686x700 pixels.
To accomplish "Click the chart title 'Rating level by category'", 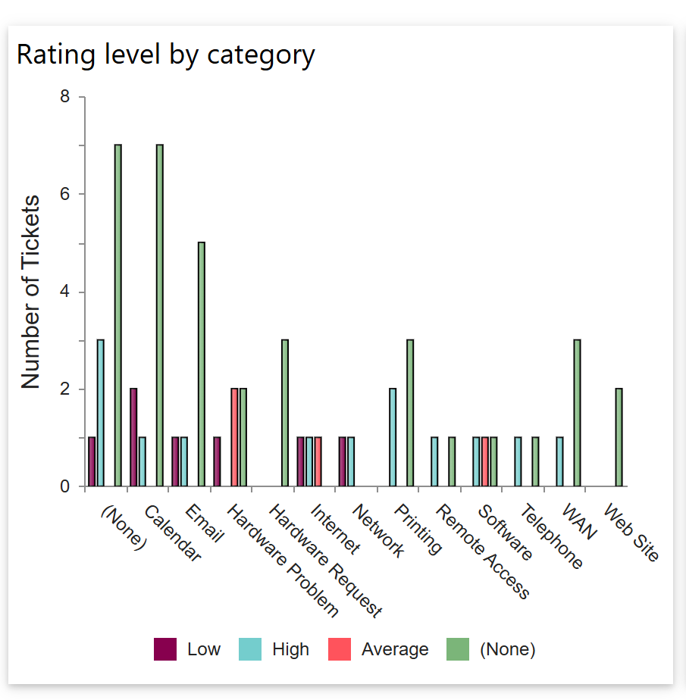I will pyautogui.click(x=165, y=55).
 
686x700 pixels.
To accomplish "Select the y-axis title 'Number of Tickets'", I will pyautogui.click(x=30, y=292).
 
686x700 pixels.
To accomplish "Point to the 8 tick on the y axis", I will pyautogui.click(x=64, y=97).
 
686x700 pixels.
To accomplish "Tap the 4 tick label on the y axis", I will pyautogui.click(x=64, y=292).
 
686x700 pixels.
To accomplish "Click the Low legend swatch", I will pyautogui.click(x=165, y=649).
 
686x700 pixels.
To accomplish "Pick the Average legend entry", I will pyautogui.click(x=379, y=649).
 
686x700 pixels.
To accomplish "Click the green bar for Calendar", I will pyautogui.click(x=160, y=315).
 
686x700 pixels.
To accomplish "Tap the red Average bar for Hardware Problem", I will pyautogui.click(x=235, y=437).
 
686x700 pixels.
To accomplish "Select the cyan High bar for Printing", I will pyautogui.click(x=393, y=437).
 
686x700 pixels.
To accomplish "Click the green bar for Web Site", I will pyautogui.click(x=619, y=437).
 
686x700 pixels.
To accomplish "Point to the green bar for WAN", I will pyautogui.click(x=577, y=413).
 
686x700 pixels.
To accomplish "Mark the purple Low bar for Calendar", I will pyautogui.click(x=133, y=437).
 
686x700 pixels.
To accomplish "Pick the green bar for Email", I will pyautogui.click(x=202, y=364).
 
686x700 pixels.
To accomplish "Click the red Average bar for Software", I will pyautogui.click(x=485, y=462).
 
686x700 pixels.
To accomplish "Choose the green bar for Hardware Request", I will pyautogui.click(x=285, y=413).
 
